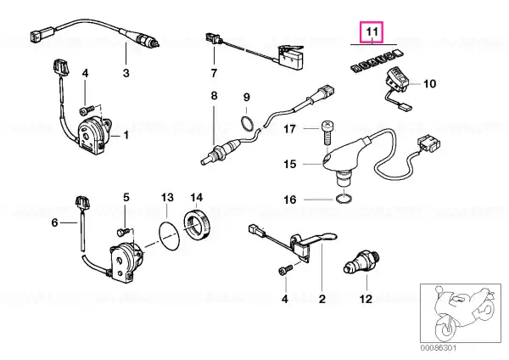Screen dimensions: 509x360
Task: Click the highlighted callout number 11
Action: point(372,32)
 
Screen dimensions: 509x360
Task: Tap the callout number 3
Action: point(126,73)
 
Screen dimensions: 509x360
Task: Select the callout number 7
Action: point(214,73)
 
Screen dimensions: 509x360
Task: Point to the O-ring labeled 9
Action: point(248,123)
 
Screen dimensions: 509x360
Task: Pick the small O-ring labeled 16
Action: point(344,199)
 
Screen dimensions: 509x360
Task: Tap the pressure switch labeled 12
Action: point(361,263)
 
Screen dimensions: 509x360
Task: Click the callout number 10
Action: point(430,84)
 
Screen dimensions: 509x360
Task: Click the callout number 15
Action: point(290,164)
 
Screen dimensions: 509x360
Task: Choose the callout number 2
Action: point(322,299)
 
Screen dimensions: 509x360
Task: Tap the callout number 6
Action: point(54,222)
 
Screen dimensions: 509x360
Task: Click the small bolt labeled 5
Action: point(124,232)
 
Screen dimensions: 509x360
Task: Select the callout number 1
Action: point(126,134)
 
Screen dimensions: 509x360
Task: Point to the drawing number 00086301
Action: point(439,348)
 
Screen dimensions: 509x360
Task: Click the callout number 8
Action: point(214,96)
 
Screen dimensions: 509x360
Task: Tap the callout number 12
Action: point(366,299)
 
